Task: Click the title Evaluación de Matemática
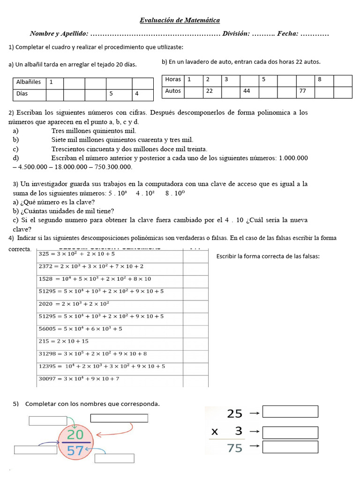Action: (x=180, y=20)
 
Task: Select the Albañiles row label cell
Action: (x=29, y=82)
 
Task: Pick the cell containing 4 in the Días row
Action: (x=142, y=94)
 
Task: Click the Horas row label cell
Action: (x=173, y=80)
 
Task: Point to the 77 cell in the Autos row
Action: (x=305, y=91)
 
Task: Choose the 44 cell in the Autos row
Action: (x=249, y=91)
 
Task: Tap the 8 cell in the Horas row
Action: (x=323, y=80)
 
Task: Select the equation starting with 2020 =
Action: (x=77, y=304)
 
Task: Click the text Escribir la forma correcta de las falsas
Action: (x=268, y=256)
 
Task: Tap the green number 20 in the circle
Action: (x=75, y=434)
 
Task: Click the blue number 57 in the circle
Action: (x=75, y=450)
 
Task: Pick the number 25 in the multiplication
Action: (x=235, y=413)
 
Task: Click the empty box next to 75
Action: (x=290, y=447)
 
